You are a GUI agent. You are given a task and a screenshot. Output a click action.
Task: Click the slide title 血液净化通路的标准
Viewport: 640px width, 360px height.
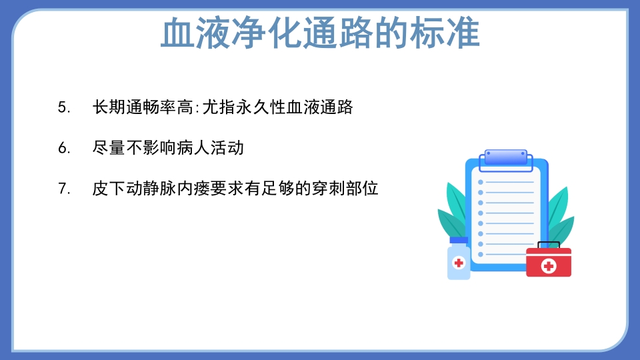(320, 33)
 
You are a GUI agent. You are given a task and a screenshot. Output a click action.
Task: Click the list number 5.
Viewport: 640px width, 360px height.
(64, 108)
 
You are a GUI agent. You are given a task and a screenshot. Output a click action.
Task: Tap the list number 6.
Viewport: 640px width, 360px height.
(64, 149)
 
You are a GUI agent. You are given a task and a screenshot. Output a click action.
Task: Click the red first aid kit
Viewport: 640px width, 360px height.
(549, 263)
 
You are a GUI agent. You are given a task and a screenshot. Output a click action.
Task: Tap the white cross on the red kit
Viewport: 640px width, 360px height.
(549, 266)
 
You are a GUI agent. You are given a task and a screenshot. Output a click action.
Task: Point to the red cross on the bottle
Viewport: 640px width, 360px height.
(459, 263)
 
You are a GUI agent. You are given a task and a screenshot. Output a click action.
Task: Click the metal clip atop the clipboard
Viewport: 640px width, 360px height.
(505, 157)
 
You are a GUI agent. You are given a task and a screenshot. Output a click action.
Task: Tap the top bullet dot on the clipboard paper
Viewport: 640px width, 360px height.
(480, 182)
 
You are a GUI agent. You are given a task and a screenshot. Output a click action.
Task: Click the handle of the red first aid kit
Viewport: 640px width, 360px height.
(549, 245)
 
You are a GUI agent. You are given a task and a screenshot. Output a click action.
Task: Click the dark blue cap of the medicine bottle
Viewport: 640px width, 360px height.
(459, 241)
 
